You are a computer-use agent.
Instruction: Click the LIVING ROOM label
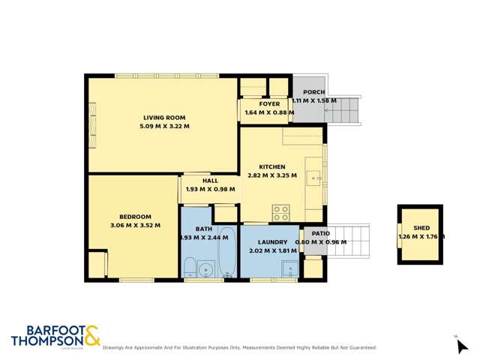point(164,117)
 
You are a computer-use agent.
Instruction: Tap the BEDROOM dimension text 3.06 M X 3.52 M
point(135,225)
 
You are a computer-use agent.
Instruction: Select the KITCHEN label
point(271,166)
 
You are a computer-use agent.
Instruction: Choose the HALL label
point(210,181)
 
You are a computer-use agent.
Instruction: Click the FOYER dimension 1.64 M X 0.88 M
point(269,112)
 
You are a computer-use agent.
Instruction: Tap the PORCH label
point(313,91)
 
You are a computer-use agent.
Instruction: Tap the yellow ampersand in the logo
point(91,336)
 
